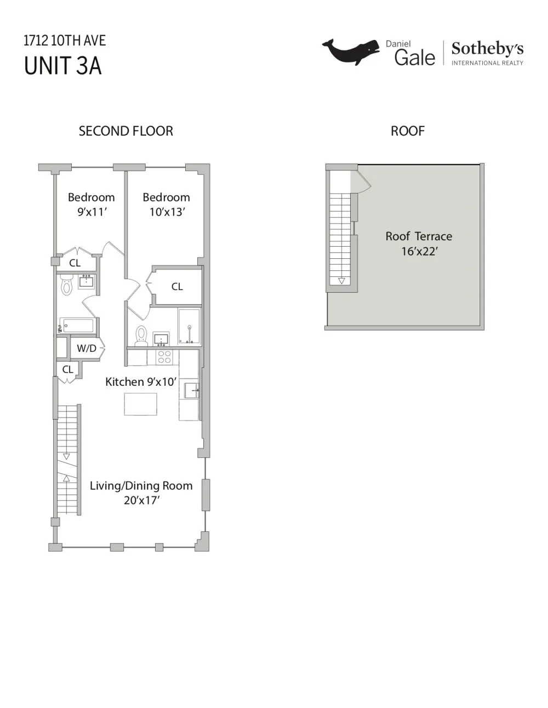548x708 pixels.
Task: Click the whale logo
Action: click(351, 51)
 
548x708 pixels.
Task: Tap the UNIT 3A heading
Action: click(62, 66)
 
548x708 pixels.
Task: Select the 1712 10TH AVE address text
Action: click(65, 40)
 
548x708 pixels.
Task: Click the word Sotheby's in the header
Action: click(487, 49)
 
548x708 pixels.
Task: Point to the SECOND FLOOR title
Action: click(126, 131)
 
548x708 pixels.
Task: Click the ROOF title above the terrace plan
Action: click(408, 131)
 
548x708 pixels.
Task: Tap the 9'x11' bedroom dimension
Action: click(92, 212)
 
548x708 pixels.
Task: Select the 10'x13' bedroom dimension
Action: click(167, 212)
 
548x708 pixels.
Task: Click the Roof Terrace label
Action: click(419, 236)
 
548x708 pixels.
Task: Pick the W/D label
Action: click(87, 349)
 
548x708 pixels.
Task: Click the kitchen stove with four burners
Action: click(164, 357)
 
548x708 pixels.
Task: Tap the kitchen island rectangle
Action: click(141, 404)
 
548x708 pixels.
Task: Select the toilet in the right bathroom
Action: click(141, 336)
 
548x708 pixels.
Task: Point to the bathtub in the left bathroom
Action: click(78, 325)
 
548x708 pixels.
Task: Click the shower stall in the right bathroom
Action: click(189, 326)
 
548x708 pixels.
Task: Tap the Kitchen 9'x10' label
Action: click(141, 381)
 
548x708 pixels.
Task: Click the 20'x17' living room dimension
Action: click(141, 500)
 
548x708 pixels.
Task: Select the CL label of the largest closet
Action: click(177, 286)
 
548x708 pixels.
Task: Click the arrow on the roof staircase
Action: click(341, 281)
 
